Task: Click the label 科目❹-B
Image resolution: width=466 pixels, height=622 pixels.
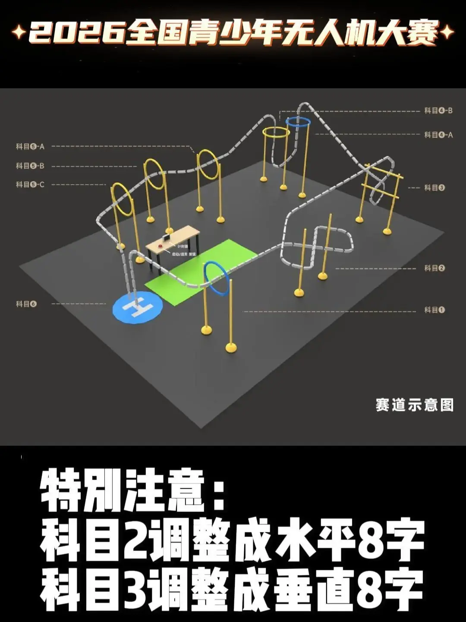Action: click(438, 111)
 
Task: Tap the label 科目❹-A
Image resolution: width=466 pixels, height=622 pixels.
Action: click(438, 135)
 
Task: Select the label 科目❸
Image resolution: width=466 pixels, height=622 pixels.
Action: click(434, 188)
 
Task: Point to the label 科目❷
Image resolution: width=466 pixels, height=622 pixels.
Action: click(434, 268)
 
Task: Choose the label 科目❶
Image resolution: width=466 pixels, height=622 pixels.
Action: click(434, 310)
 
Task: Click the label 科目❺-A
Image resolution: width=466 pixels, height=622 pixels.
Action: click(30, 147)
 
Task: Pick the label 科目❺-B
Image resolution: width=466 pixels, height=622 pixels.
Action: click(30, 166)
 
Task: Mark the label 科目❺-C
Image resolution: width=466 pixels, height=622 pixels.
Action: click(30, 185)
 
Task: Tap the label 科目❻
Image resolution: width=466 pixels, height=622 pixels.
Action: click(26, 304)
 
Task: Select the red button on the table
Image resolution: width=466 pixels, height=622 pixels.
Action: click(161, 246)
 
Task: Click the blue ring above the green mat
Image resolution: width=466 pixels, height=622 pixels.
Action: click(216, 278)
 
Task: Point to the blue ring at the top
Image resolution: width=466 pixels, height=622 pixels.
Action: click(299, 122)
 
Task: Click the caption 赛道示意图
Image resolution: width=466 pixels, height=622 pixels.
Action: click(414, 405)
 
